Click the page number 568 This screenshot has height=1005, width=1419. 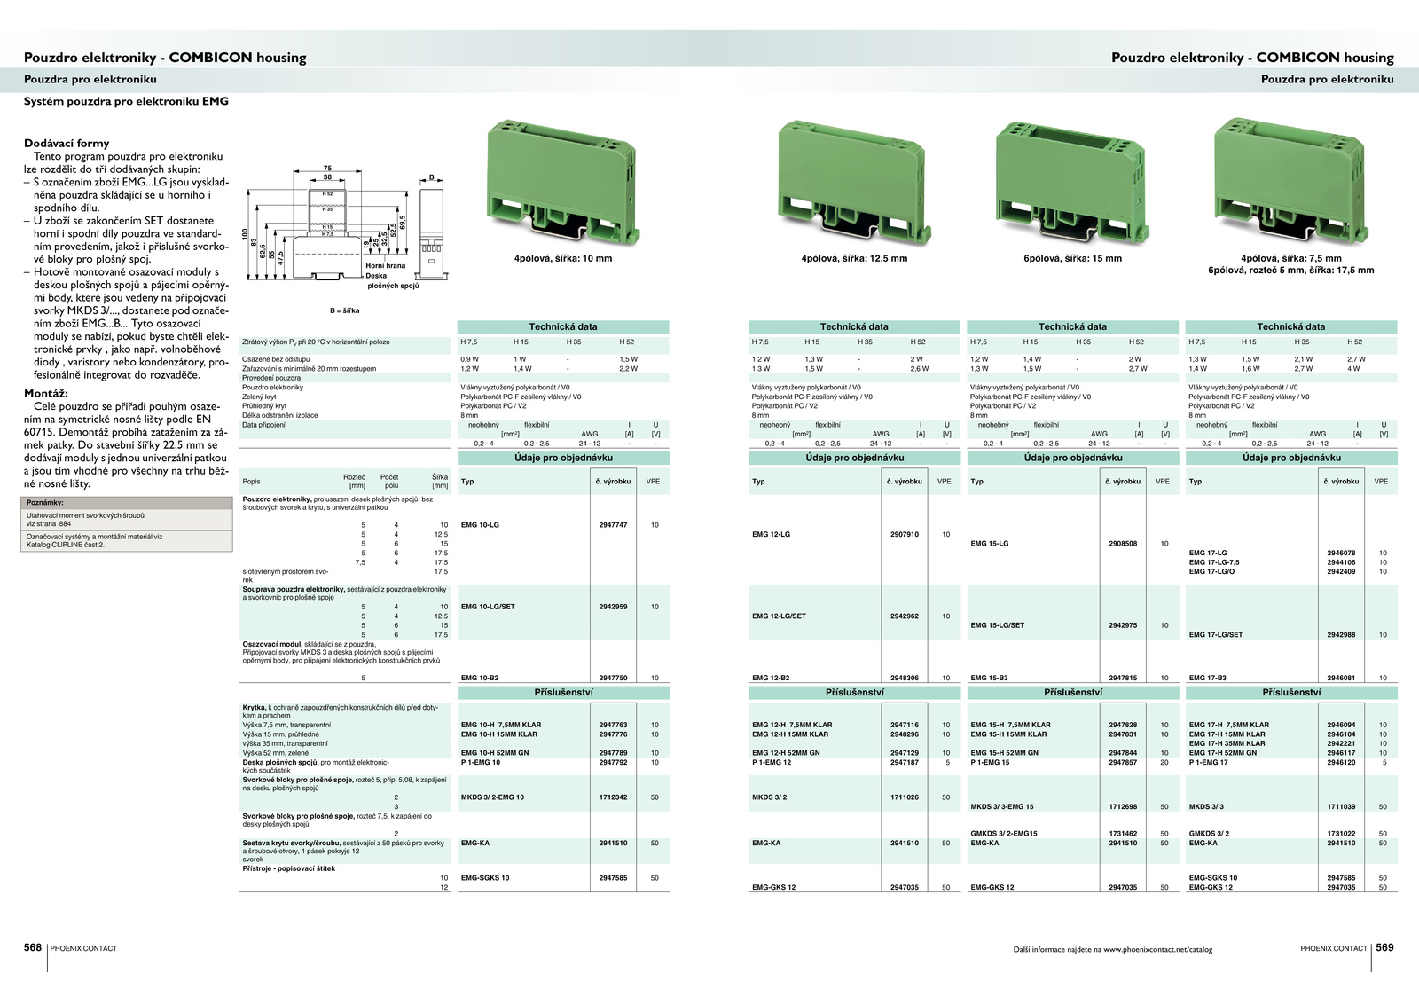tap(33, 947)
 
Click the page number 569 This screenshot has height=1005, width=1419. tap(1384, 947)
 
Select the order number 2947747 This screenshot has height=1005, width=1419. tap(613, 525)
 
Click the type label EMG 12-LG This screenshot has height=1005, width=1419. tap(771, 535)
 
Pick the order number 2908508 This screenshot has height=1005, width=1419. tap(1123, 544)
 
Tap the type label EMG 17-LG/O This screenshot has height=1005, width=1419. tap(1211, 572)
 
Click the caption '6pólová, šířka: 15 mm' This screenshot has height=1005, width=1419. tap(1072, 259)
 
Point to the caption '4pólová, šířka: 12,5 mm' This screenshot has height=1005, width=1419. tap(854, 259)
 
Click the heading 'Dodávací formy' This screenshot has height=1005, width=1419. tap(67, 144)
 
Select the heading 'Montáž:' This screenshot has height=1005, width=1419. tap(46, 394)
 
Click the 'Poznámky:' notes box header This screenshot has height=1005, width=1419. tap(45, 503)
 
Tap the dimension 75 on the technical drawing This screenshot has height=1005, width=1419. tap(327, 169)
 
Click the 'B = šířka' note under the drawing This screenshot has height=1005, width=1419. tap(345, 310)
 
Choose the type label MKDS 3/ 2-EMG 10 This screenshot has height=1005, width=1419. tap(492, 797)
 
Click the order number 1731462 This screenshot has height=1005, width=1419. tap(1123, 834)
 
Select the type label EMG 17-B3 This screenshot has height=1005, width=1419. tap(1208, 679)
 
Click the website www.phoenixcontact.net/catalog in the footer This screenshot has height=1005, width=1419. tap(1157, 950)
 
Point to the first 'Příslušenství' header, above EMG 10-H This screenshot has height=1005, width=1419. tap(563, 693)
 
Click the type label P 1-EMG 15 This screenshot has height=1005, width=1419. tap(990, 763)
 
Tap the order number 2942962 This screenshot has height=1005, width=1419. tap(905, 616)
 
